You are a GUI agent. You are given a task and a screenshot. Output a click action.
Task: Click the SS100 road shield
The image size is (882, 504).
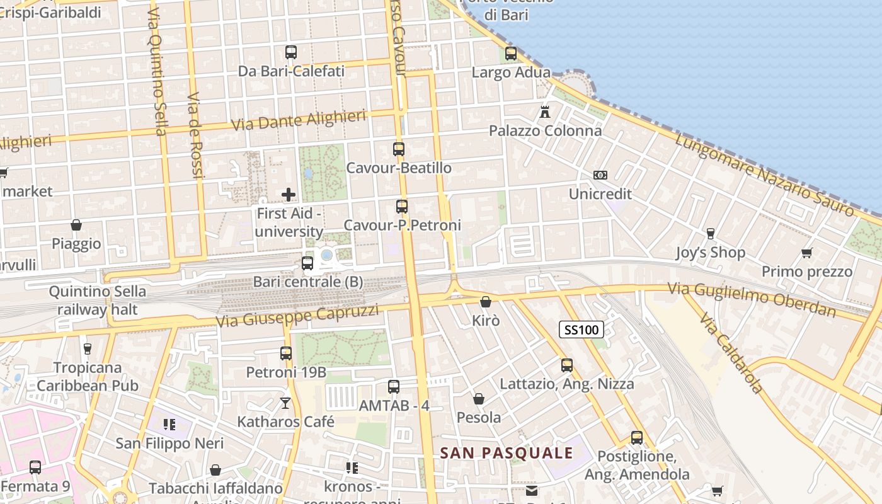581,329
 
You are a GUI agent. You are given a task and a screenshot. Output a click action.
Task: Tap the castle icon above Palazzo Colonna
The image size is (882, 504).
545,112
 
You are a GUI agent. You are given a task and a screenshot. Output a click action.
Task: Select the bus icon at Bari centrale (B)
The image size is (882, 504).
307,263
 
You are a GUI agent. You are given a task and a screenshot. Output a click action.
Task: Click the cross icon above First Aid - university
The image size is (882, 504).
289,195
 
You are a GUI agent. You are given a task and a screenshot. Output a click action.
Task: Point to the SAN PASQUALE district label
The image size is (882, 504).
507,453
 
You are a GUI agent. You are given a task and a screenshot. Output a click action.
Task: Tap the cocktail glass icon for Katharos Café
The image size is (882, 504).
285,403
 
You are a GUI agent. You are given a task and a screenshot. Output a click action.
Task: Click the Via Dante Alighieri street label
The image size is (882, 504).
299,120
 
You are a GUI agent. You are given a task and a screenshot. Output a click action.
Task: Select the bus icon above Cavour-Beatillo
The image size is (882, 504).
399,149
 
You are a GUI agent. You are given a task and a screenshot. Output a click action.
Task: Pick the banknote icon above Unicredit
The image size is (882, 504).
600,175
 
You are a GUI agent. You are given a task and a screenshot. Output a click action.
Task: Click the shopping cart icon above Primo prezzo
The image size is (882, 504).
806,253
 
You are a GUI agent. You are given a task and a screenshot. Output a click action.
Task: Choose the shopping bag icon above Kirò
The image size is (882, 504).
485,302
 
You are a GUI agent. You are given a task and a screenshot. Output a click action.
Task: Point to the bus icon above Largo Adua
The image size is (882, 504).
511,54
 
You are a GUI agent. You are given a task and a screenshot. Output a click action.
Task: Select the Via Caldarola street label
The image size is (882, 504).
731,352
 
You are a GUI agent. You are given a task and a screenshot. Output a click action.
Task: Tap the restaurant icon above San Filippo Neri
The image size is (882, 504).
169,425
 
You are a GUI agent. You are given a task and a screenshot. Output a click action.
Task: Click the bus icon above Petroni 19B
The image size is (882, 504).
286,353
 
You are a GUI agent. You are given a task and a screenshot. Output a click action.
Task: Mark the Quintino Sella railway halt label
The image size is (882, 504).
98,301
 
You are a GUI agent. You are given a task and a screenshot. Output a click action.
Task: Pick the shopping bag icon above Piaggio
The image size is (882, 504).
76,225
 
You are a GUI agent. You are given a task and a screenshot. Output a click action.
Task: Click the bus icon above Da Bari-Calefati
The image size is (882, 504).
291,52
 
